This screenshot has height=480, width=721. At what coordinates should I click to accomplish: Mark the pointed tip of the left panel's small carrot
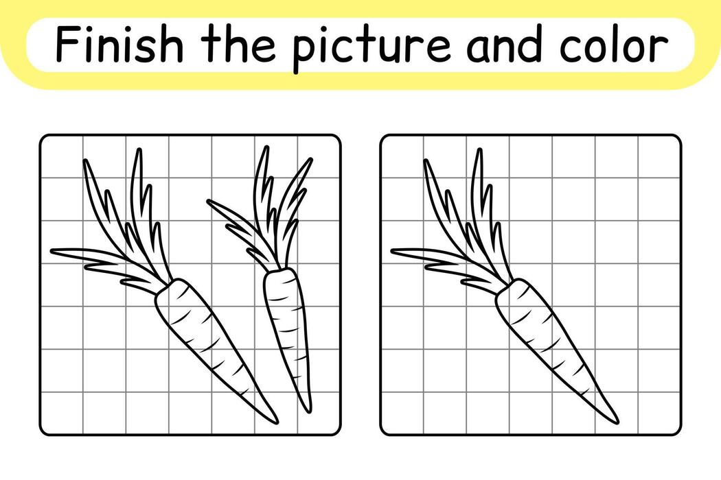pyautogui.click(x=308, y=410)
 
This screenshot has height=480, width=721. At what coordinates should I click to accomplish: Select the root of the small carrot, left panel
pyautogui.click(x=286, y=329)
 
